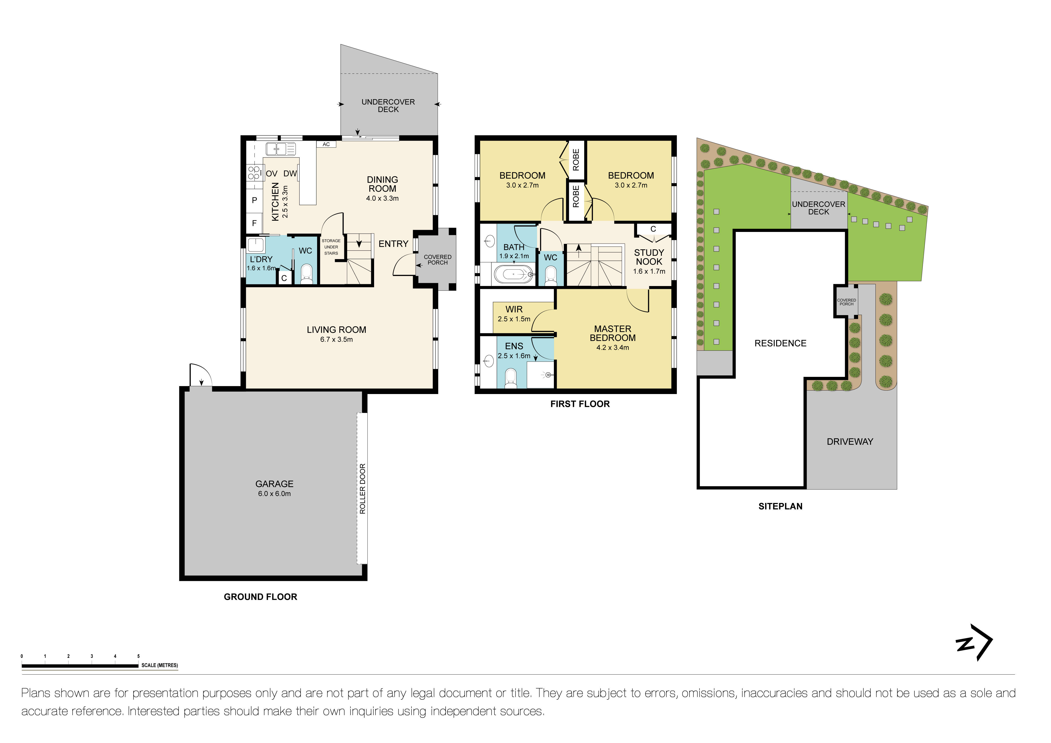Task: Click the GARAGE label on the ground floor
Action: click(x=274, y=484)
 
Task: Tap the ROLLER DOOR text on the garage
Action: click(x=363, y=489)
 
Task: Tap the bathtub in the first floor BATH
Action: click(x=514, y=275)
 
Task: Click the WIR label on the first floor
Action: click(x=514, y=309)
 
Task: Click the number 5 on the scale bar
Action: click(x=138, y=656)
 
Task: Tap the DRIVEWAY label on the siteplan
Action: click(x=850, y=441)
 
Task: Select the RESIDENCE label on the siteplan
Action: click(x=780, y=343)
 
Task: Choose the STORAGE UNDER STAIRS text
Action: click(x=331, y=247)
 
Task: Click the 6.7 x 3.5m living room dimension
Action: click(x=336, y=339)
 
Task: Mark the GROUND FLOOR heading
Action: click(x=260, y=597)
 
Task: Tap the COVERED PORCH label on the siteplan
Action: click(x=846, y=302)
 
